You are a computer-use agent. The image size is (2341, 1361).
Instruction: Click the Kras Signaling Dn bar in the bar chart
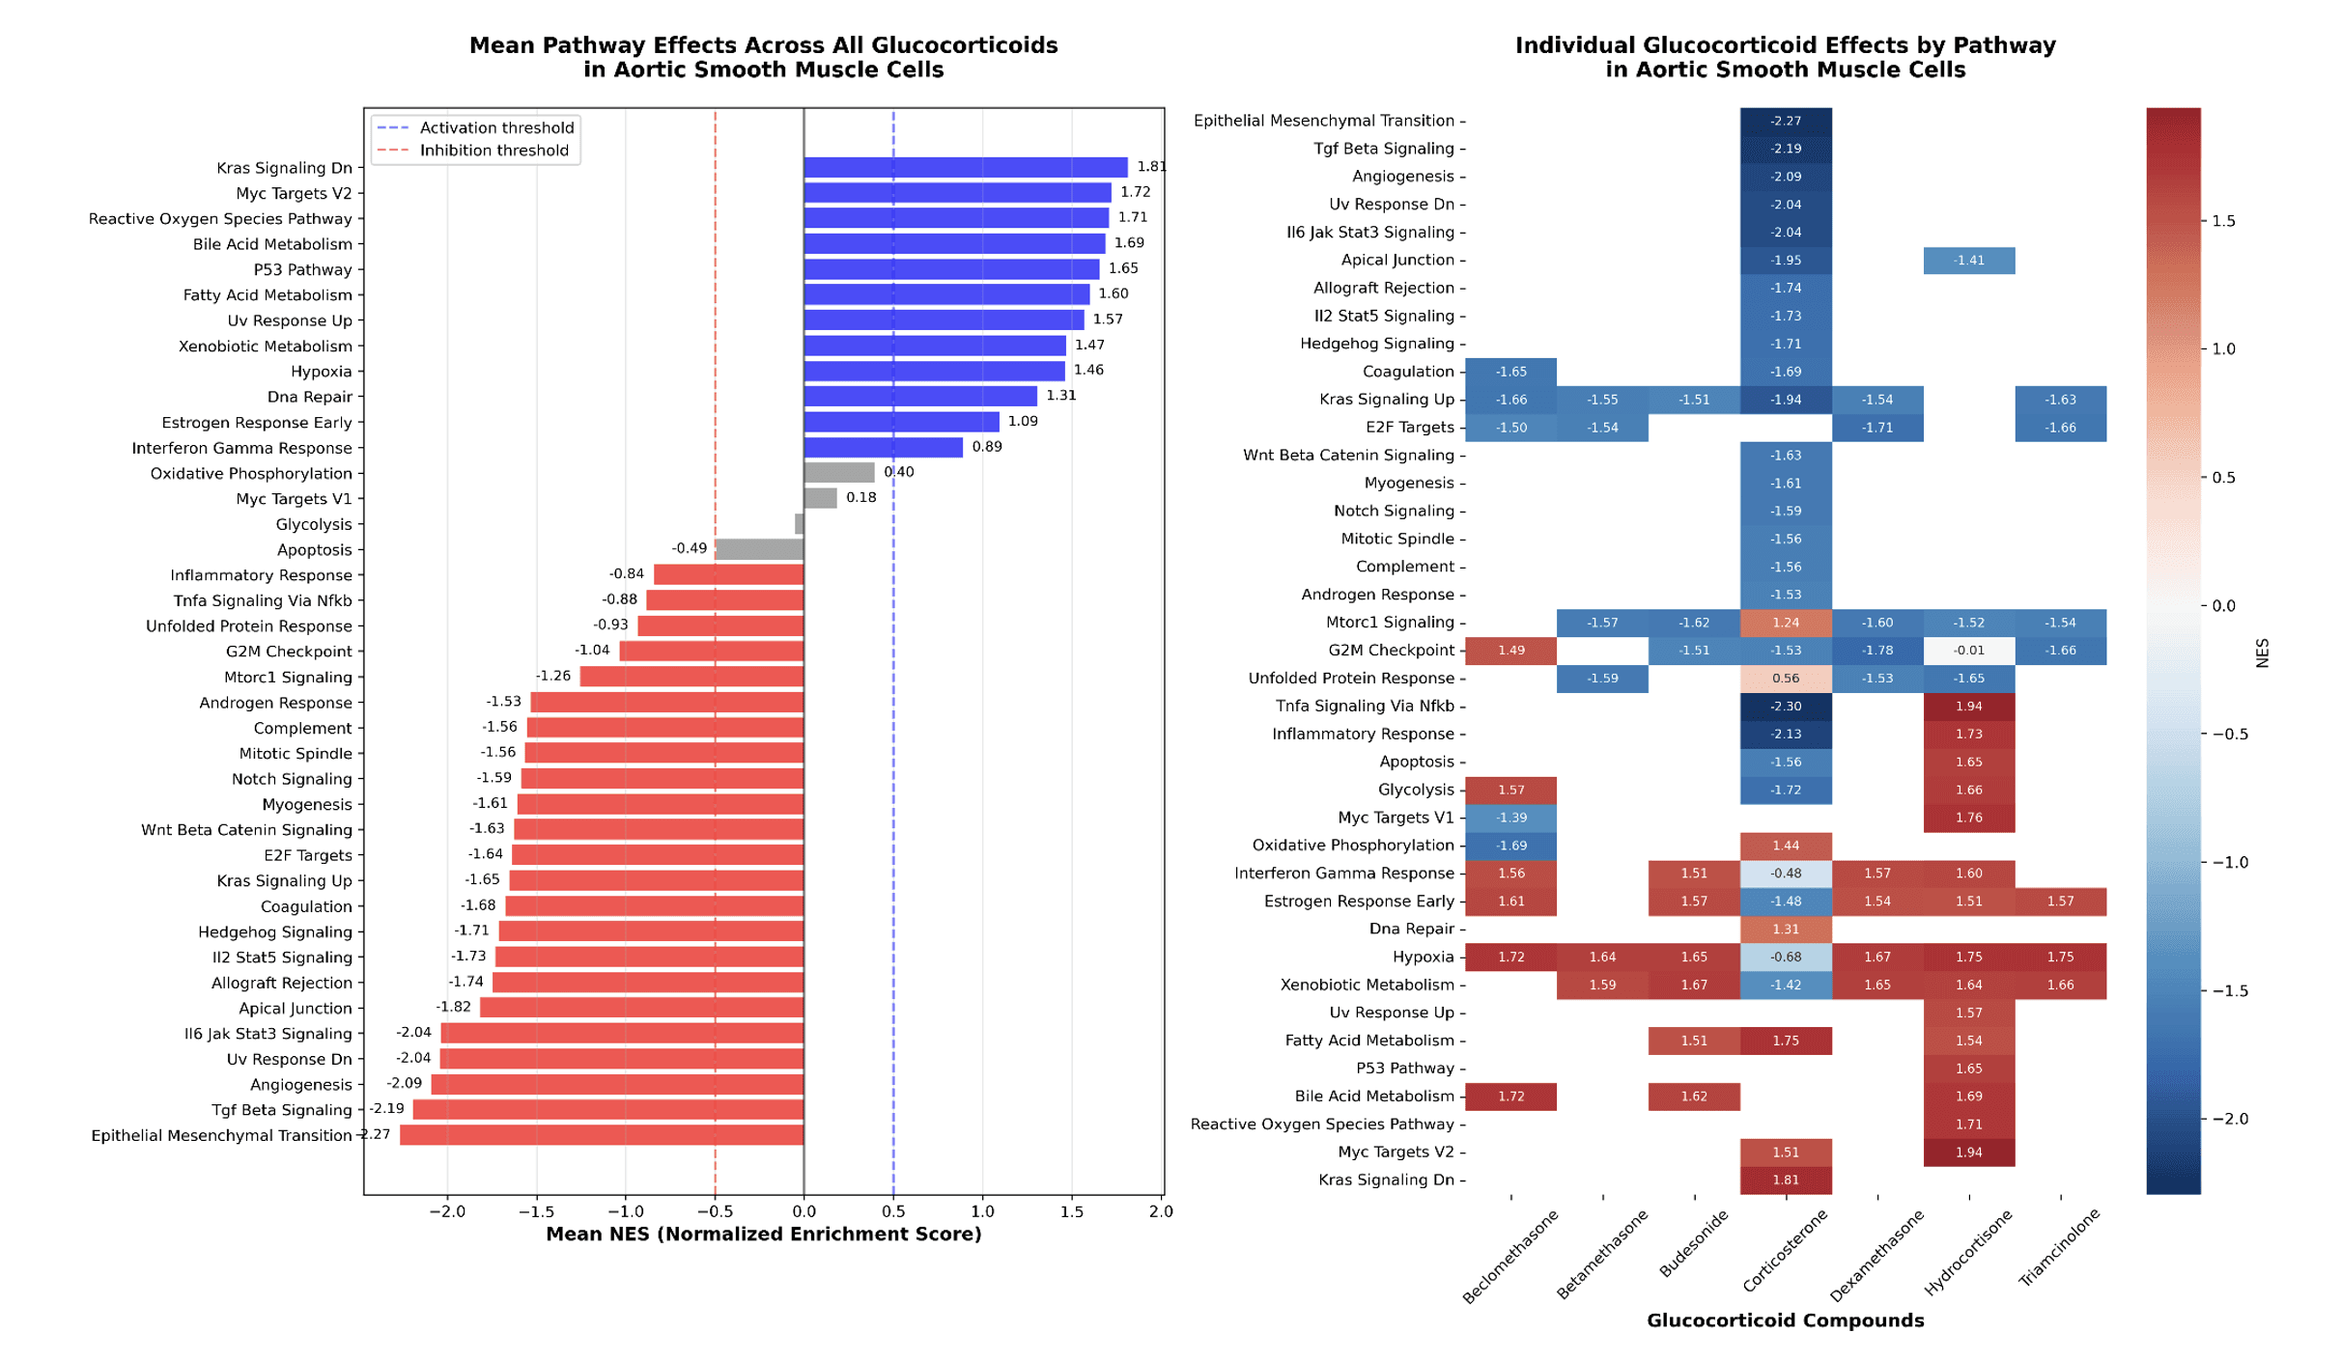point(966,168)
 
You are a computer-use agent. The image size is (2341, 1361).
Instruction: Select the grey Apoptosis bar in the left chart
point(759,550)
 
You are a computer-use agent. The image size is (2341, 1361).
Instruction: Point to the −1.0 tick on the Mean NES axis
point(625,1212)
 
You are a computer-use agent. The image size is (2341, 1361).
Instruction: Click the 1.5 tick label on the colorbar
point(2223,221)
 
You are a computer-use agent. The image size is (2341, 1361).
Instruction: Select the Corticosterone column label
point(1786,1251)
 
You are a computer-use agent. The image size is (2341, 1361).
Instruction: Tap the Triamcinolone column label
point(2060,1247)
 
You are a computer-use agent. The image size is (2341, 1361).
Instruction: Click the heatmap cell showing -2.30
point(1786,707)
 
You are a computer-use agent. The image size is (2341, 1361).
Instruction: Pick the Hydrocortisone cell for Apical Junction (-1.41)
point(1969,261)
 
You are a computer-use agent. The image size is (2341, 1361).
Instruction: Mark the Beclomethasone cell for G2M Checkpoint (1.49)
point(1510,651)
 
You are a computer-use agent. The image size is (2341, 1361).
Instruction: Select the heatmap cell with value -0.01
point(1969,651)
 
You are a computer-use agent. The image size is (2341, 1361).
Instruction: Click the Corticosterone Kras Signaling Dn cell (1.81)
point(1786,1180)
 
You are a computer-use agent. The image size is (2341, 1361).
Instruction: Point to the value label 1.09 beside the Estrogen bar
point(1023,422)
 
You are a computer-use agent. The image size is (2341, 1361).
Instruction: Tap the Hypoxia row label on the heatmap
point(1423,958)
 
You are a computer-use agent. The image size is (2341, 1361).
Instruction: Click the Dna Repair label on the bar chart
point(310,398)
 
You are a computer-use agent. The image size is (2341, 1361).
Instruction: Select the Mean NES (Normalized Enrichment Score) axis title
point(763,1235)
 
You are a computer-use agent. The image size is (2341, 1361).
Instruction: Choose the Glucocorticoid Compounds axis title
point(1785,1320)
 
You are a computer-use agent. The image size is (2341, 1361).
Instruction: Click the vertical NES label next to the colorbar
point(2262,653)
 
